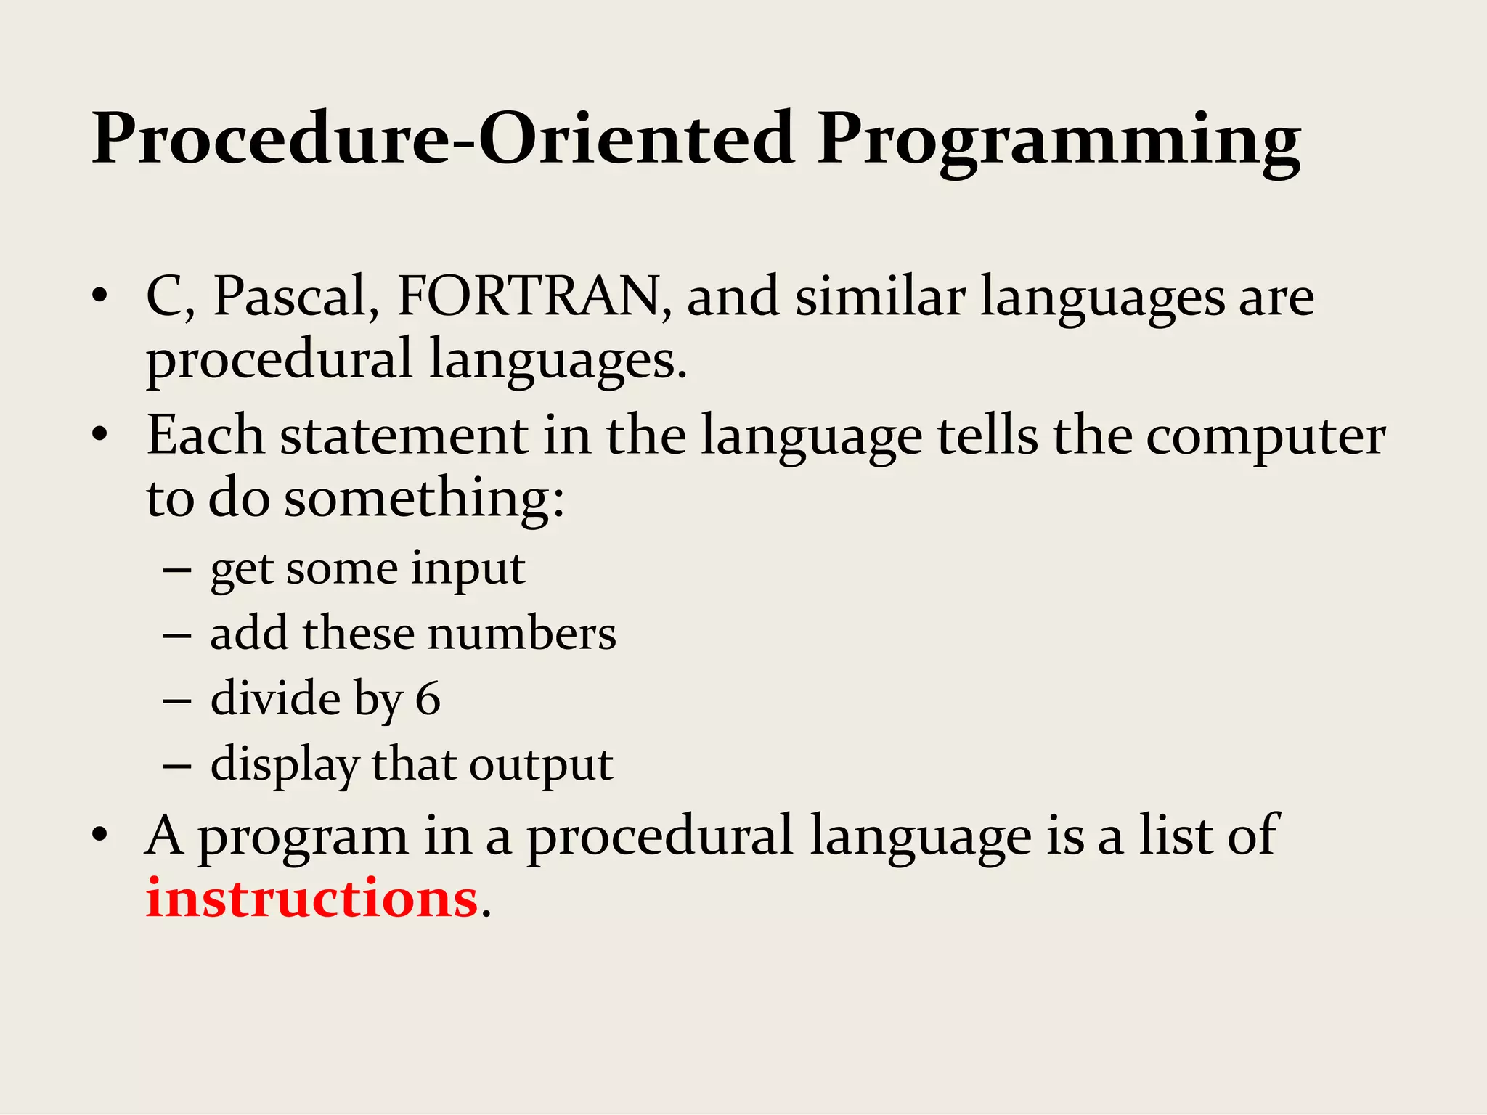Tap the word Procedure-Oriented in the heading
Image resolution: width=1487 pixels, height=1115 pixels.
click(x=442, y=138)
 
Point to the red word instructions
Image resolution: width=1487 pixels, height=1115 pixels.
click(x=311, y=899)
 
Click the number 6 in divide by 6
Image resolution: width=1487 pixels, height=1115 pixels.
click(x=428, y=699)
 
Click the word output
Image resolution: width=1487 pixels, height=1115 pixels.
click(x=541, y=765)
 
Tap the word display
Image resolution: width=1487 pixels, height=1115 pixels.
click(x=285, y=765)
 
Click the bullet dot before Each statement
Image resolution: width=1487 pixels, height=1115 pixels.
click(x=100, y=435)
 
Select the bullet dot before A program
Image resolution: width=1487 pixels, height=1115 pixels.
click(x=100, y=835)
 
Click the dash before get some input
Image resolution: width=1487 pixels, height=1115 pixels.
click(x=176, y=571)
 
